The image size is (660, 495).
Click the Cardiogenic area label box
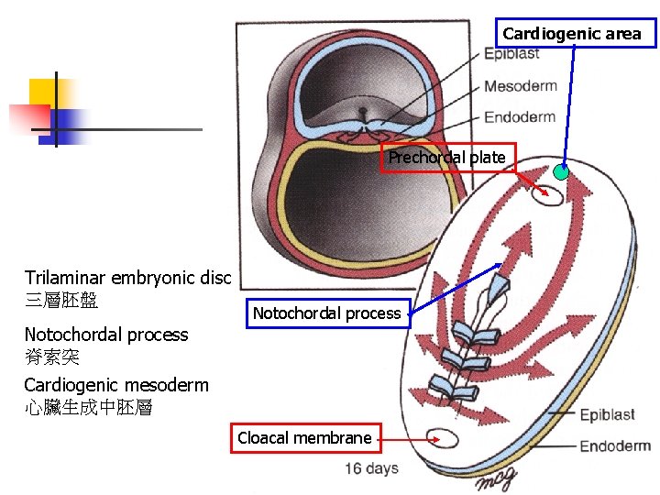pos(577,34)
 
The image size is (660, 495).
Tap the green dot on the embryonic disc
pos(561,172)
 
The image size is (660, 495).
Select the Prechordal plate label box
pos(448,158)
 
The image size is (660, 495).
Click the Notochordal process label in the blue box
pos(327,313)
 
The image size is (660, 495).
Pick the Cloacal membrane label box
pos(304,438)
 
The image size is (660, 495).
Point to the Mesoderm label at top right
pos(520,86)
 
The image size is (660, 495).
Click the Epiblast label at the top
pos(511,53)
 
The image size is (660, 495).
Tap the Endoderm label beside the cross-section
pos(520,116)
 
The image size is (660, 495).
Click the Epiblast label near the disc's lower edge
pos(607,415)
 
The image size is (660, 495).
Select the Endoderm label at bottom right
pos(615,446)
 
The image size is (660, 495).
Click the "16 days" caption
pos(371,469)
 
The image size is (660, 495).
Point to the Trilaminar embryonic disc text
pos(129,278)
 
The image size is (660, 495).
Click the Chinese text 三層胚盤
pos(61,300)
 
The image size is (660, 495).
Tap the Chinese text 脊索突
pos(51,357)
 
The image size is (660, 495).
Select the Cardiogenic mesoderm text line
pos(116,385)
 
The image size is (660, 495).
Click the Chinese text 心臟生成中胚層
pos(88,408)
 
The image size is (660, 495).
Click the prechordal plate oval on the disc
pos(553,194)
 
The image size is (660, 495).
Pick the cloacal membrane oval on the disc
pos(442,438)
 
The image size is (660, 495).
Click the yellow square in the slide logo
pos(43,93)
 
